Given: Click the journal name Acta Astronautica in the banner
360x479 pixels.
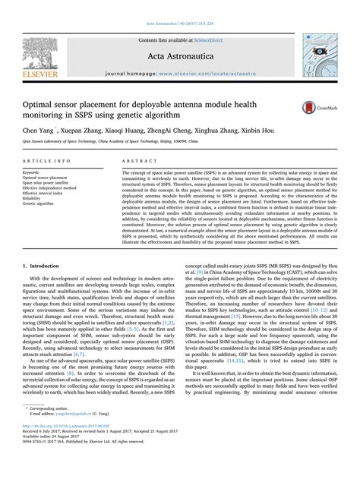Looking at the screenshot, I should (x=180, y=41).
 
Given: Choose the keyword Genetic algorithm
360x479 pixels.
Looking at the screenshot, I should (x=43, y=203).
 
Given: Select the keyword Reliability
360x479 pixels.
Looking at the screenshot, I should (x=37, y=198).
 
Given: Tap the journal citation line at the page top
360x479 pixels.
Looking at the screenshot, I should (x=180, y=5).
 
